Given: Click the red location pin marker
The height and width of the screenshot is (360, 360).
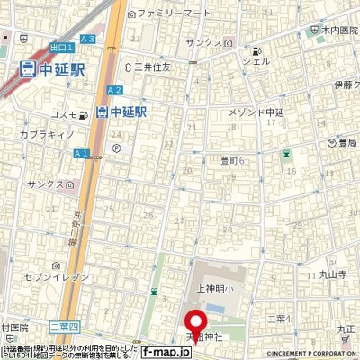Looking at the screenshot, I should pos(194,323).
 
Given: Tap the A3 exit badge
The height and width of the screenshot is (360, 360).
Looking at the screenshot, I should pos(87,39).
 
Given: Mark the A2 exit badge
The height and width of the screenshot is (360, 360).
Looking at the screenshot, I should pos(114,91).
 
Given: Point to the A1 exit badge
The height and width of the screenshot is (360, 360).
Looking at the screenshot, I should pos(81,154).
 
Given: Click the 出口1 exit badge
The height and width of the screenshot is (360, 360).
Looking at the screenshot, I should pos(59,48).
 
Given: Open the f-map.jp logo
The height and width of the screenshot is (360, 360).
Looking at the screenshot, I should pos(165,353).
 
